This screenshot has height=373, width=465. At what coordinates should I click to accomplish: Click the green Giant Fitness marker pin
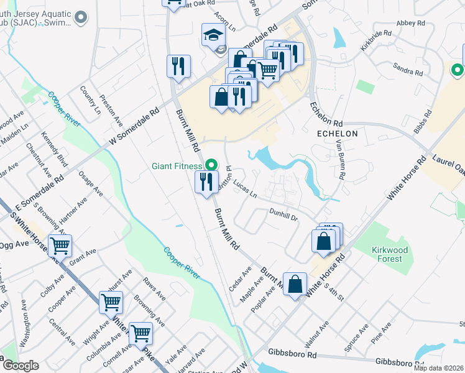[x=211, y=165]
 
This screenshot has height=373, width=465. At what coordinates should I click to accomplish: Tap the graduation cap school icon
[x=213, y=35]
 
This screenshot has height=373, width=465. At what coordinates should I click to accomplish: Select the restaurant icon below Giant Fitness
[x=206, y=182]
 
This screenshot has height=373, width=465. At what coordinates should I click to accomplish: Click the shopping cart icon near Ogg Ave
[x=60, y=246]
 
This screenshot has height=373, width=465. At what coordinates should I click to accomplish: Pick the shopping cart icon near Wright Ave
[x=111, y=303]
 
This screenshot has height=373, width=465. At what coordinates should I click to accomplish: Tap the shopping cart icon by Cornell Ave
[x=140, y=334]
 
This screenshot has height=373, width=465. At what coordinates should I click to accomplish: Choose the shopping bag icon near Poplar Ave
[x=295, y=284]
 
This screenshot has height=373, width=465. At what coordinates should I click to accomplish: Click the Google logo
[x=21, y=366]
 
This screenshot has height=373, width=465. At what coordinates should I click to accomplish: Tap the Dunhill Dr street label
[x=284, y=214]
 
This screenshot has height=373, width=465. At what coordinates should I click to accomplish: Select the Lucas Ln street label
[x=245, y=189]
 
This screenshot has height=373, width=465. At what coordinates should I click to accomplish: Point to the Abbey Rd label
[x=410, y=23]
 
